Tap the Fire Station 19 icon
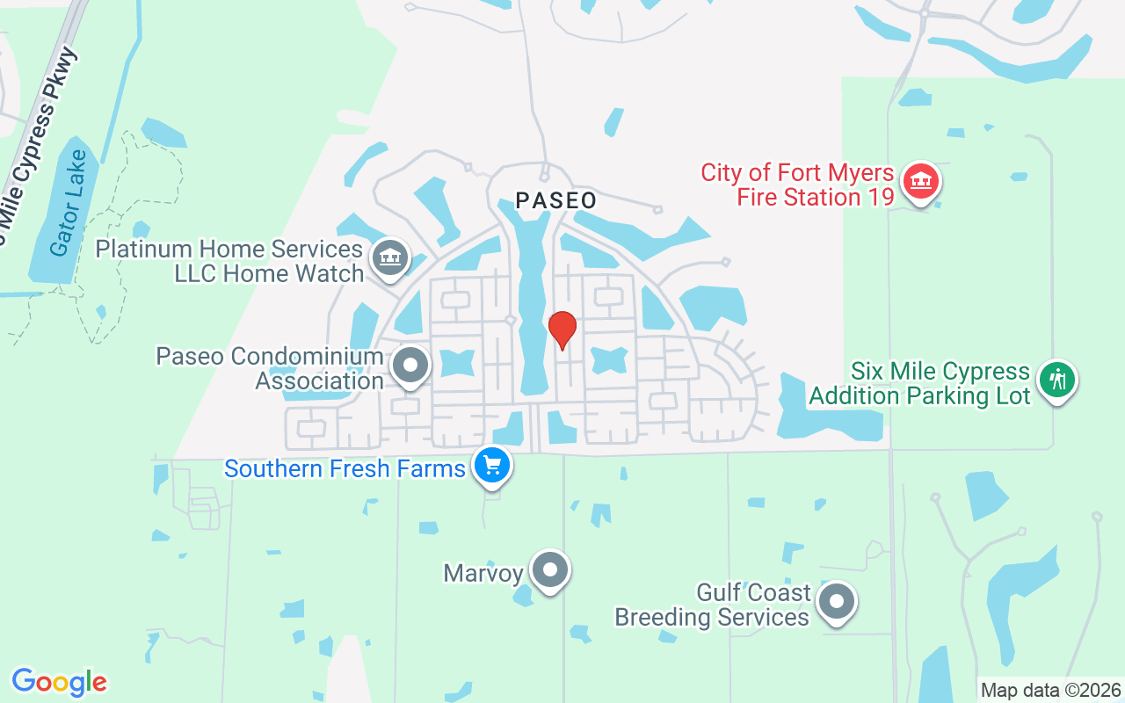pos(920,182)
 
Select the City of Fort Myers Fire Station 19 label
pos(797,185)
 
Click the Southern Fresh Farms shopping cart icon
pos(491,465)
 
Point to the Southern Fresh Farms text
pos(345,468)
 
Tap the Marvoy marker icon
pos(551,570)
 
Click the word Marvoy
pos(483,574)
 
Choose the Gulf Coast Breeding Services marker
pos(837,603)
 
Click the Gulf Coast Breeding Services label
pos(712,605)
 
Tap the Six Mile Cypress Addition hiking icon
pos(1057,380)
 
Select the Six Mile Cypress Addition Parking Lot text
pos(919,384)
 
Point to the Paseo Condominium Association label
pos(270,368)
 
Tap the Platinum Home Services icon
pos(388,257)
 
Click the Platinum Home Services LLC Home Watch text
pos(229,261)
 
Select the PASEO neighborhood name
pos(555,200)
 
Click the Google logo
pos(60,682)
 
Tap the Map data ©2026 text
pos(1050,690)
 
